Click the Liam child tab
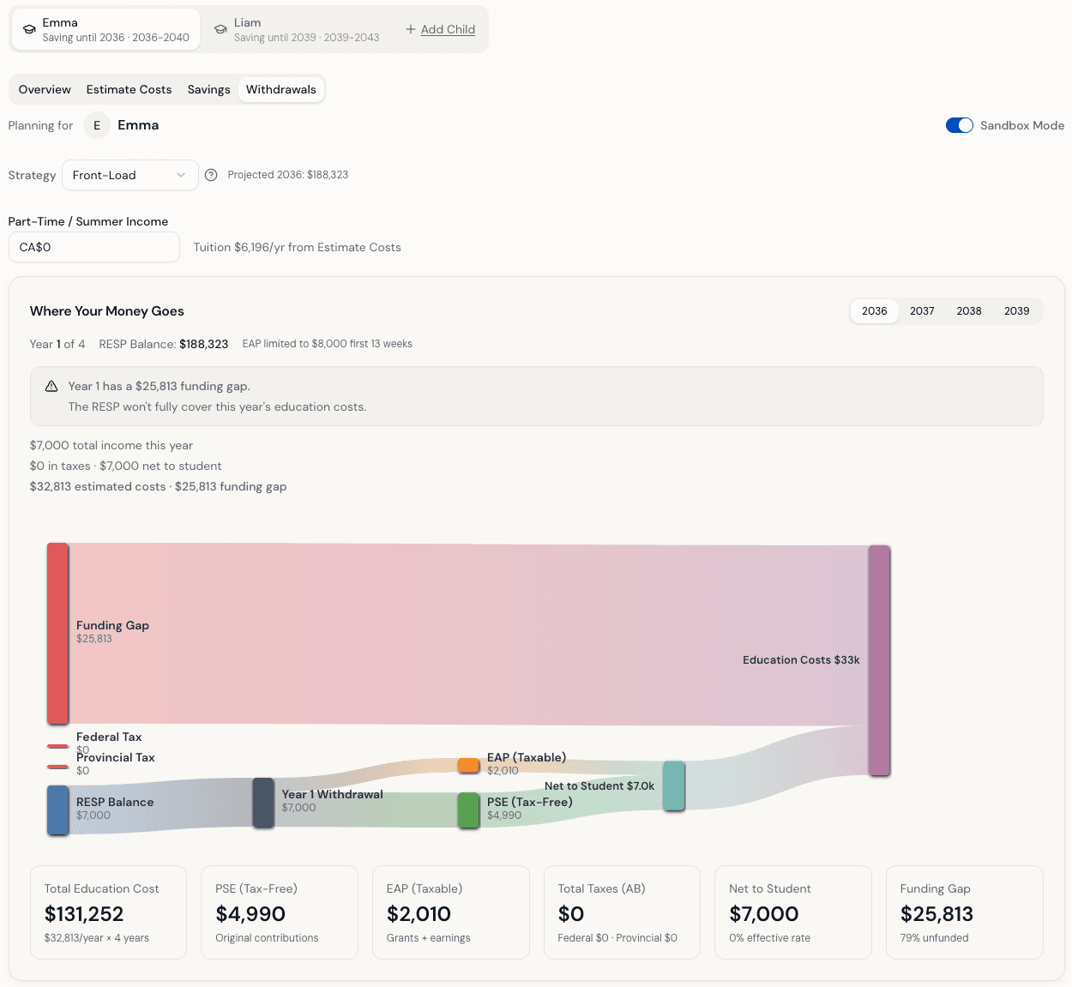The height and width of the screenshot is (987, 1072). [x=296, y=29]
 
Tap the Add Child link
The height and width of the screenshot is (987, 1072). [x=441, y=29]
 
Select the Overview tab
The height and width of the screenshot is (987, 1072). [x=45, y=89]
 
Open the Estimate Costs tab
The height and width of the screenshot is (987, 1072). [x=129, y=89]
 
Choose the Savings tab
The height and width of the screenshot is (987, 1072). [x=208, y=89]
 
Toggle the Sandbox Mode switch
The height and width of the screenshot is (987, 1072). [x=959, y=125]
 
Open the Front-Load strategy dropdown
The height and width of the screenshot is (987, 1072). [x=129, y=175]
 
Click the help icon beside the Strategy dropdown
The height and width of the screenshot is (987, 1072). [x=211, y=175]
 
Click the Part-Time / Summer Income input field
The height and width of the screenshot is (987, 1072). [x=94, y=247]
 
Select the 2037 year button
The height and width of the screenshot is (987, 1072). [x=922, y=311]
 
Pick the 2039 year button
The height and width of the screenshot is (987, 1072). [x=1016, y=311]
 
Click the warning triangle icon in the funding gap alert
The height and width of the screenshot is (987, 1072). [x=51, y=387]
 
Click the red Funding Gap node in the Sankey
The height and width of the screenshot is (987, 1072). [x=57, y=633]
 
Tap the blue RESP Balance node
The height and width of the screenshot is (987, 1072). [x=57, y=809]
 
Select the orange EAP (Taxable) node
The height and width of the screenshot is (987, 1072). [x=468, y=765]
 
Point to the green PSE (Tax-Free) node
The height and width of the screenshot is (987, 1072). [x=468, y=809]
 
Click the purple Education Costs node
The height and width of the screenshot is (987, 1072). [x=879, y=660]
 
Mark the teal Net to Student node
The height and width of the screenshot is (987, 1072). [x=673, y=785]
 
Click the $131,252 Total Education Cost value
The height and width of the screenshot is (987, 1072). [x=84, y=914]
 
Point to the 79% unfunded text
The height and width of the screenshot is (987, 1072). [x=934, y=938]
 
